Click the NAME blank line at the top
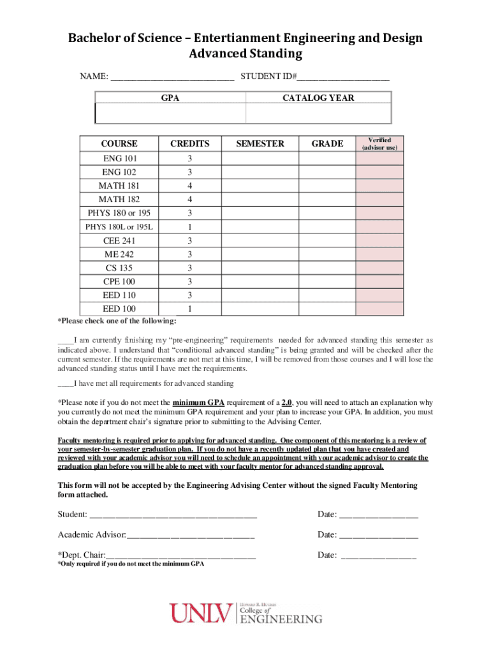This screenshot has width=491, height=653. pos(172,78)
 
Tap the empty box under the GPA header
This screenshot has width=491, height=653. pos(170,114)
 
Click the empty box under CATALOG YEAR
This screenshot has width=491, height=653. pos(318,114)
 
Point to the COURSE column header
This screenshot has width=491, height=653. pos(119,143)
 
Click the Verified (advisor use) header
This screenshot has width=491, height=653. pos(379,143)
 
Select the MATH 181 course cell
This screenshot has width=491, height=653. pos(119,186)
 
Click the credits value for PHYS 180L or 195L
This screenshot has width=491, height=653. pos(189,227)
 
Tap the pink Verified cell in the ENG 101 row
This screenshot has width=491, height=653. pos(379,158)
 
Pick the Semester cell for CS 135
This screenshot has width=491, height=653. pos(260,268)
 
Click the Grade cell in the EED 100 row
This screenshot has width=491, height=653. pos(327,309)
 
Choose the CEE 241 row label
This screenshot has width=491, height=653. pos(119,241)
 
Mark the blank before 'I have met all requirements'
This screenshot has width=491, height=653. pos(65,384)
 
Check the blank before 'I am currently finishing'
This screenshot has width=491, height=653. pos(65,341)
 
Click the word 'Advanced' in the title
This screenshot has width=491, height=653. pos(217,54)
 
